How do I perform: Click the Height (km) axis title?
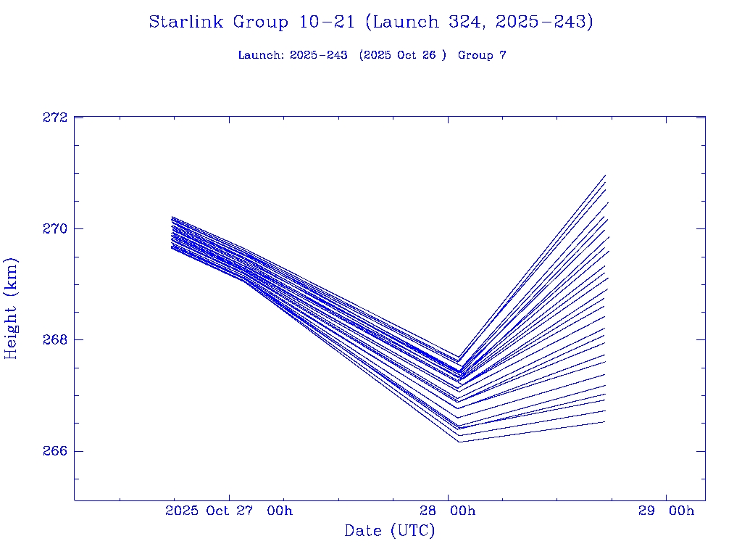[11, 308]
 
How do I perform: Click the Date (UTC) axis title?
[390, 531]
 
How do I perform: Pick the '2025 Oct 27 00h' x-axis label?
[228, 511]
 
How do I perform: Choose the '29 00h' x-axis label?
[666, 511]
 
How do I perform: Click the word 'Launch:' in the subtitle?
[261, 55]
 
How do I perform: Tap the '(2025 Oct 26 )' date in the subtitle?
[403, 55]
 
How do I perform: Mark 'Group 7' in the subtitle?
[482, 55]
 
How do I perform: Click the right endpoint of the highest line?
[605, 176]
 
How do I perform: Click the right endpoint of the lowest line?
[604, 422]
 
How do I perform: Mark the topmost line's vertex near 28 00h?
[458, 357]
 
